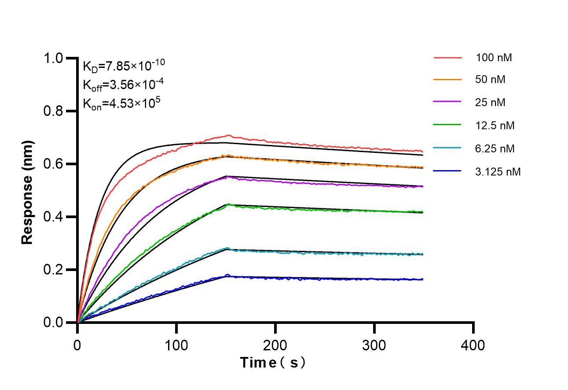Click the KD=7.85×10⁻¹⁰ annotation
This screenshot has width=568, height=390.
124,66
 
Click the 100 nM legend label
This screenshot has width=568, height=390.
494,58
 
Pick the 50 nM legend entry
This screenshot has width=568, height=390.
490,80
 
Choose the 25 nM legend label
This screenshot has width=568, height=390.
490,103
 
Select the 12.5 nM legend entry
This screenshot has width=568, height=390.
495,126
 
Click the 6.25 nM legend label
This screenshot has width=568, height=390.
495,149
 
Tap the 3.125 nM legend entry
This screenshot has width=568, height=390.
498,172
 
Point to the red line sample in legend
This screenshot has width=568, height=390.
447,58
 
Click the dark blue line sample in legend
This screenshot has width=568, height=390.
447,172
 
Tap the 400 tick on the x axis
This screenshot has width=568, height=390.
473,345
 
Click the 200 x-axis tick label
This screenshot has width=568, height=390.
275,345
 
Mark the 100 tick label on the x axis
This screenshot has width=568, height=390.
176,345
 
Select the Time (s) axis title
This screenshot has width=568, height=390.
273,363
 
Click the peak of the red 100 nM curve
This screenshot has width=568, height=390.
228,135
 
